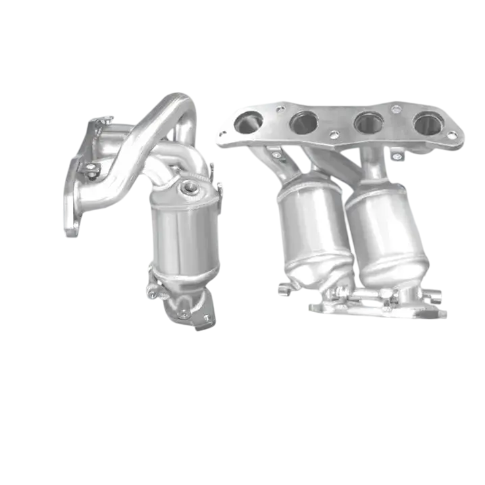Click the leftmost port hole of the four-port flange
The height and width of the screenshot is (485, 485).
(248, 122)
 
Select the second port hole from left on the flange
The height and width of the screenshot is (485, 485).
(304, 122)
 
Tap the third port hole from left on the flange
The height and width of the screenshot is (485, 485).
(369, 123)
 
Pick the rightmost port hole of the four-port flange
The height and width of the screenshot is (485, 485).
(428, 123)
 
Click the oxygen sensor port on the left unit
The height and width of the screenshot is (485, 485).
(190, 186)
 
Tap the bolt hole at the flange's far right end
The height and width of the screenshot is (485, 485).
(452, 136)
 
